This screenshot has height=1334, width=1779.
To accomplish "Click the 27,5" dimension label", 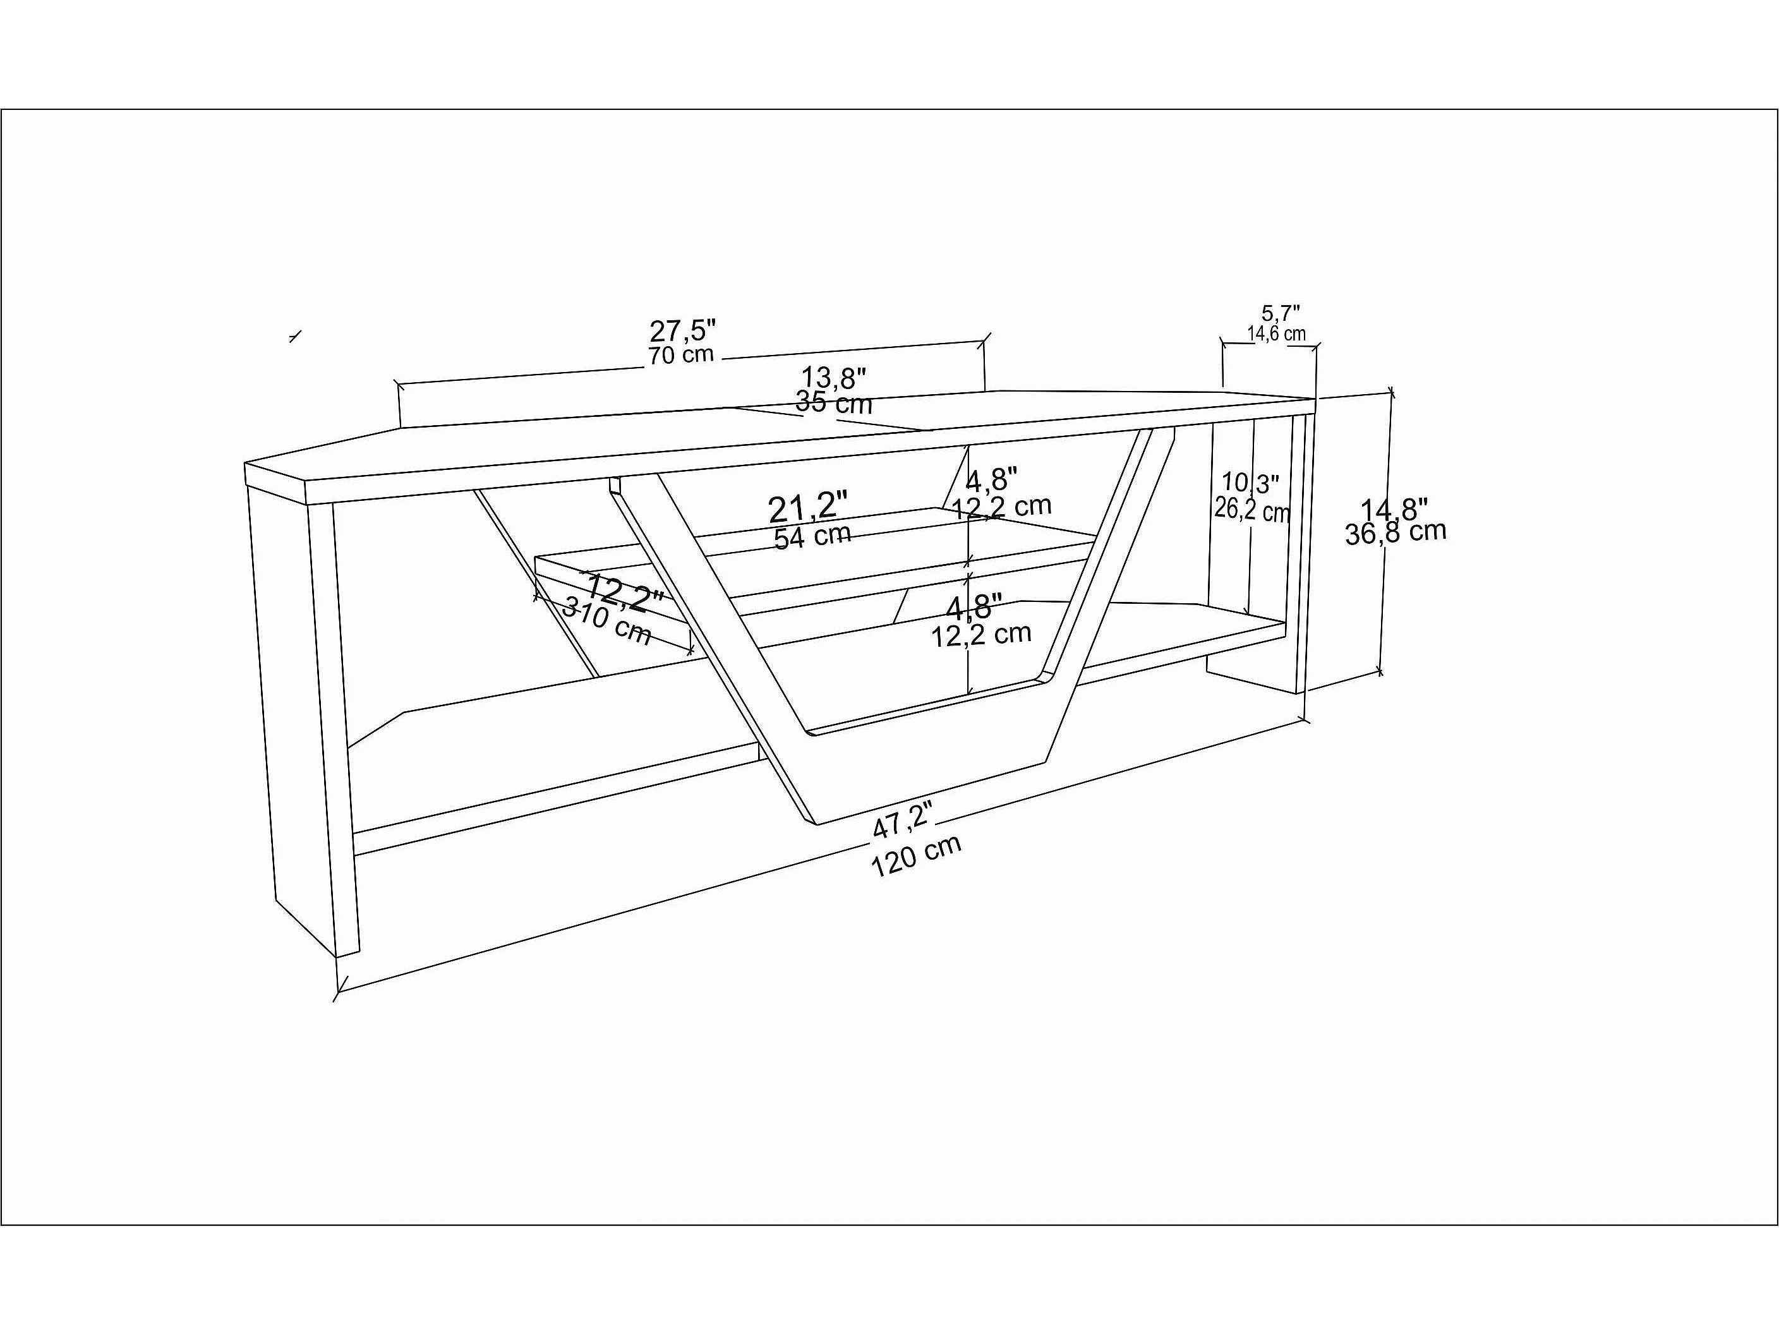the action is coord(683,330).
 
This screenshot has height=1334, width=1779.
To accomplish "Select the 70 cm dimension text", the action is coord(681,354).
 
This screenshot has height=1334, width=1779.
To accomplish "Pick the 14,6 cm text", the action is coord(1276,333).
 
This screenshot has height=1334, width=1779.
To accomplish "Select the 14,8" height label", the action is coord(1394,509).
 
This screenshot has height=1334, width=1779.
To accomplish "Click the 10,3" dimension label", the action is coord(1250,483).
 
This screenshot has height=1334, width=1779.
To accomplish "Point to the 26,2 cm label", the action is coord(1252,510).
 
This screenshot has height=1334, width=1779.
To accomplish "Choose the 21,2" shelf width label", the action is coord(807,508).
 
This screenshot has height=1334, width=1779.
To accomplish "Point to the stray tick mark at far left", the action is coord(295,336).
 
